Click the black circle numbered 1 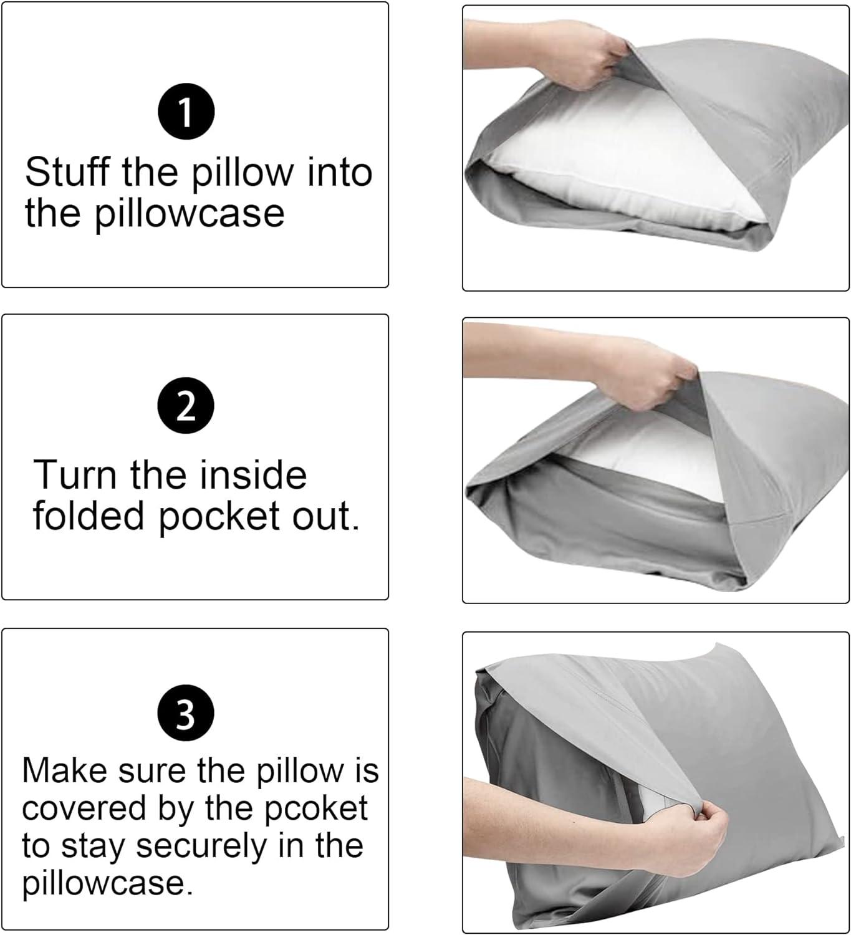[x=186, y=113]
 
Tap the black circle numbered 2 [x=186, y=406]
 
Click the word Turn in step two [x=75, y=475]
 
